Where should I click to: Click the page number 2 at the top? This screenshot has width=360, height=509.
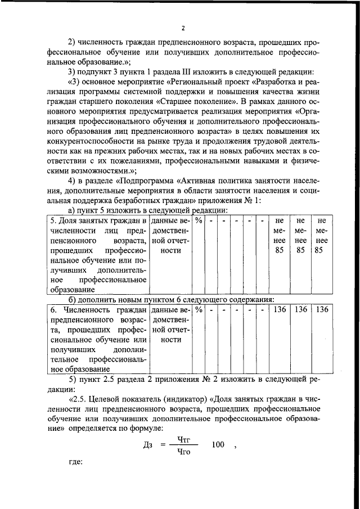point(183,29)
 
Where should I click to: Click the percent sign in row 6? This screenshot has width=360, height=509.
point(199,310)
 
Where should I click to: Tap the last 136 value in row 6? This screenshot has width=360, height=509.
point(321,310)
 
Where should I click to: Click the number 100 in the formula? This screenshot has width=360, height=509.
point(218,445)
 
